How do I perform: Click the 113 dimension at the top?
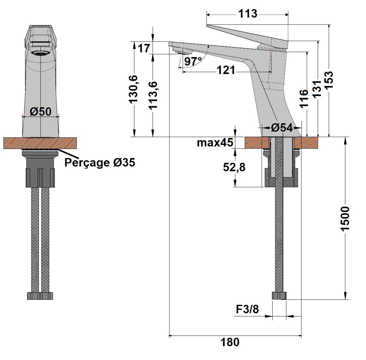(248, 14)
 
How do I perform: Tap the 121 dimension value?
(226, 71)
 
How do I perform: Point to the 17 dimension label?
(144, 49)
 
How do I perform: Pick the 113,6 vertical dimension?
(153, 95)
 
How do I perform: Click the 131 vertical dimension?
(318, 89)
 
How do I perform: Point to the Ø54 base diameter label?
(282, 127)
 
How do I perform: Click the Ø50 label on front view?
(41, 111)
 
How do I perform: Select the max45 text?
(215, 143)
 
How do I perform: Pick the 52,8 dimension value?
(234, 167)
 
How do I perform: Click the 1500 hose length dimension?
(345, 219)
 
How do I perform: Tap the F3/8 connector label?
(248, 310)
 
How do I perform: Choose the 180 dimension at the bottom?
(230, 342)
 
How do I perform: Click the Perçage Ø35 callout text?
(100, 162)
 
